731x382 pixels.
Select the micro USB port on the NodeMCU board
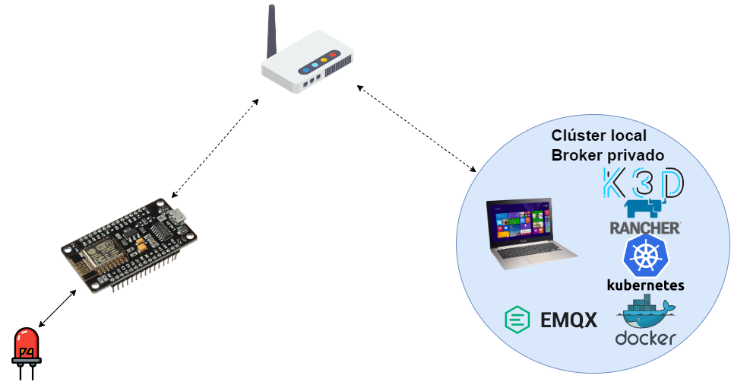179,215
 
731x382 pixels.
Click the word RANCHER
644,228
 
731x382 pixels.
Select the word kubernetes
645,285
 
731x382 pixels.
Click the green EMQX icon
518,319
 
